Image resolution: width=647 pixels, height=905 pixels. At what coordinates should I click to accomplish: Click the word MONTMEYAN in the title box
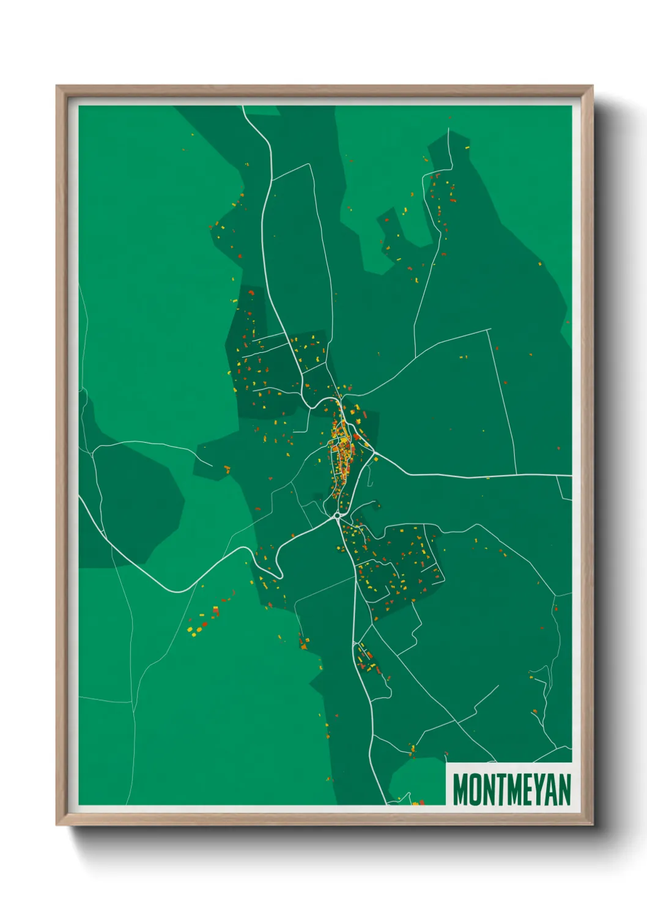pos(511,789)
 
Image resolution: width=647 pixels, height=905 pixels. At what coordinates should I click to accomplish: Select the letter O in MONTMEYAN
pos(473,789)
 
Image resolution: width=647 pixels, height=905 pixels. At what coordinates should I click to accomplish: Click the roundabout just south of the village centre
pos(338,516)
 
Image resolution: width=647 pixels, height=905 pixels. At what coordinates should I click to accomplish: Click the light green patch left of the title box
pos(416,780)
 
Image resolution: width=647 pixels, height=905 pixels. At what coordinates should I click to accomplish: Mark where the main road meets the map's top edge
pos(243,107)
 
